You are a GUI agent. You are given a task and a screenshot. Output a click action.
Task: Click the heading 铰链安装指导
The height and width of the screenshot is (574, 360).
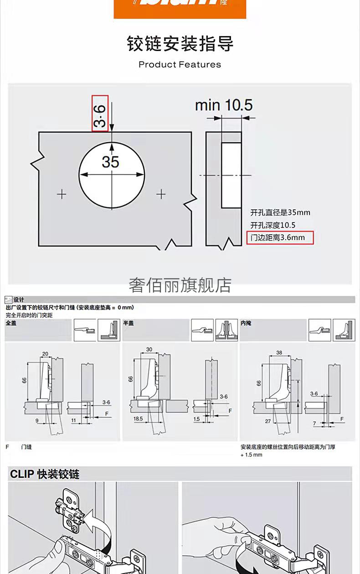click(x=180, y=44)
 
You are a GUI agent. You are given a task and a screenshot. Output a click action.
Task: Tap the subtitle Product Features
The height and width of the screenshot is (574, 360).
click(x=180, y=65)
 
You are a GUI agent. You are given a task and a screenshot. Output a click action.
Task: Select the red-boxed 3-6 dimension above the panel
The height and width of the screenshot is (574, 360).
click(x=100, y=113)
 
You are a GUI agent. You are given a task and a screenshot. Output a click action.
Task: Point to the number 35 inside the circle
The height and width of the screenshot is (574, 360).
click(x=110, y=162)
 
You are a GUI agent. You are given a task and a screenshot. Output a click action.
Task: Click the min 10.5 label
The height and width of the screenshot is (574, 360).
click(x=223, y=105)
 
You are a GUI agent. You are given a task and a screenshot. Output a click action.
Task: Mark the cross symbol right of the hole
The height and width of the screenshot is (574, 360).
click(x=161, y=195)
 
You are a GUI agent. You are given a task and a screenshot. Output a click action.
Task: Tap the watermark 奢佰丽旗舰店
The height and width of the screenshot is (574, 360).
click(x=180, y=285)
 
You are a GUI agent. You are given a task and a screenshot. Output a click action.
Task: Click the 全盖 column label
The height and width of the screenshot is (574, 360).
click(x=10, y=323)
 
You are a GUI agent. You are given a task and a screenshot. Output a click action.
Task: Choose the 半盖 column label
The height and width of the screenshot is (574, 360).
click(x=128, y=323)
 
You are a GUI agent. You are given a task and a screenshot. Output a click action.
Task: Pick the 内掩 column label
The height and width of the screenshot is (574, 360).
click(x=246, y=323)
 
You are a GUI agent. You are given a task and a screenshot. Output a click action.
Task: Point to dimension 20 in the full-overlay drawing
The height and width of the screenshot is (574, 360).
click(x=45, y=354)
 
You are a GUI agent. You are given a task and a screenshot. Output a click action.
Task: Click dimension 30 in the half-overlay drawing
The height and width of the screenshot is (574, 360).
click(x=149, y=350)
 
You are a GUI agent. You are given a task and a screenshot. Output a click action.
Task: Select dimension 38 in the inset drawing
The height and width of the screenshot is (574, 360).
click(x=279, y=352)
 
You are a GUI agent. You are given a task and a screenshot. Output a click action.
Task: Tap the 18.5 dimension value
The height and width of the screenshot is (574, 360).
click(x=138, y=418)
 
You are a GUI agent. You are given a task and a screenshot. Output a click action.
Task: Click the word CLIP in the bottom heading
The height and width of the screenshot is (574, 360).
click(x=22, y=474)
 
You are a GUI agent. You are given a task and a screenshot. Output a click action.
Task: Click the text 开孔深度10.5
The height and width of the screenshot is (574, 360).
click(x=273, y=225)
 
